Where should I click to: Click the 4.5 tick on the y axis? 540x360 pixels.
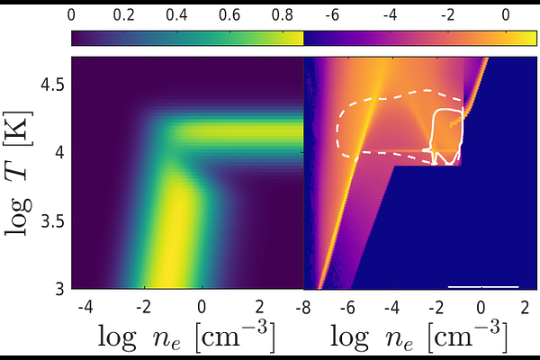coord(51,85)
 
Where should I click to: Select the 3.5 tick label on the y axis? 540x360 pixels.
coord(51,221)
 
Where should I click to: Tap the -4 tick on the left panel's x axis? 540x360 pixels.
coord(85,306)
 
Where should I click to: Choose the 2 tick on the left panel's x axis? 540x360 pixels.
coord(259,306)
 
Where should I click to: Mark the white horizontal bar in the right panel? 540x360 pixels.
coord(483,287)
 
